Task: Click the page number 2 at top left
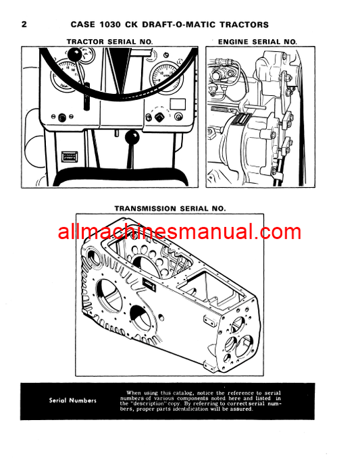[x=24, y=24]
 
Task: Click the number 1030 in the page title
[x=110, y=24]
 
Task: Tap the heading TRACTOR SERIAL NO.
[x=109, y=42]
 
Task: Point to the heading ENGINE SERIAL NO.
[x=257, y=42]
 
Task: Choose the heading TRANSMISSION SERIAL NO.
[x=170, y=209]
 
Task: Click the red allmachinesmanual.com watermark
[x=180, y=232]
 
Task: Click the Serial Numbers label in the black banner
[x=73, y=400]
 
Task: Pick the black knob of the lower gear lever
[x=132, y=138]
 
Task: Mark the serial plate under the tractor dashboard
[x=70, y=157]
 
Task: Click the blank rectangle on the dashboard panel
[x=178, y=104]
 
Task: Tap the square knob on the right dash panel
[x=159, y=117]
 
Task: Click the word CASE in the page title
[x=84, y=24]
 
